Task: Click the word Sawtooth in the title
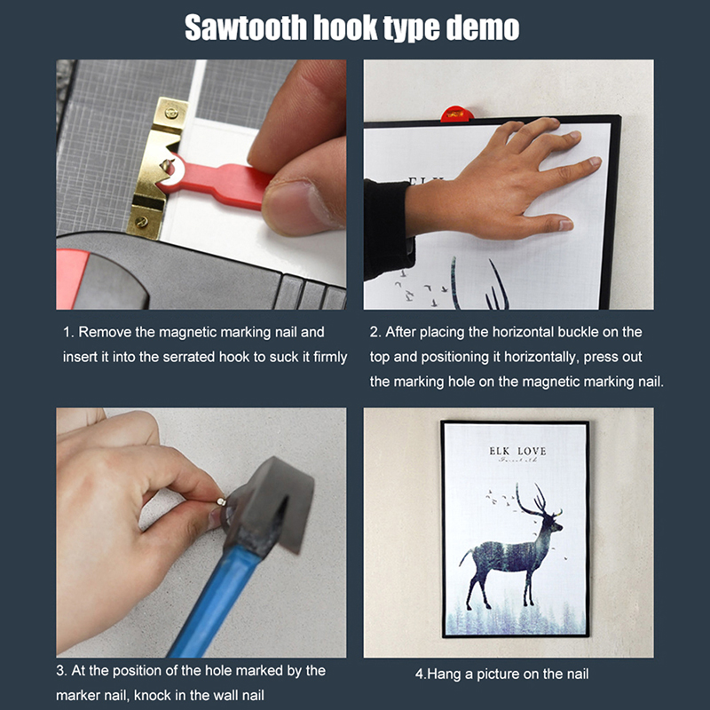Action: coord(246,28)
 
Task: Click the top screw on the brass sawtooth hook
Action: coord(171,113)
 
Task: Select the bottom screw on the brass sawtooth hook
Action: coord(142,222)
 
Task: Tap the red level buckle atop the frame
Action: coord(457,114)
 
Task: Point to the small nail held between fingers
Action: coord(221,501)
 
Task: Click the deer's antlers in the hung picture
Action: coord(535,501)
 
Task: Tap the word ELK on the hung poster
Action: coord(499,451)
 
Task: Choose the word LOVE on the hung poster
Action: coord(532,451)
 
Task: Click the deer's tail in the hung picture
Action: coord(464,556)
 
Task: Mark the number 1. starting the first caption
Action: coord(68,332)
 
